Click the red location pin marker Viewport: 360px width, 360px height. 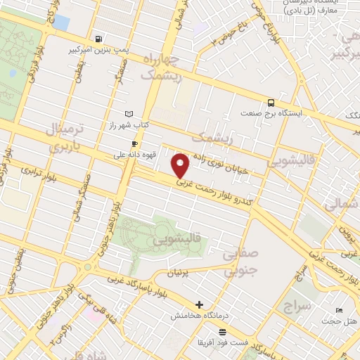[181, 165]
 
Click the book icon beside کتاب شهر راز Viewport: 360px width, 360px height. [128, 114]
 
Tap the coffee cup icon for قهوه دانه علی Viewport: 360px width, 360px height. [135, 144]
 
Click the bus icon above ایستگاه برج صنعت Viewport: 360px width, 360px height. [271, 102]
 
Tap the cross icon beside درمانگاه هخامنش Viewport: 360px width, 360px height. [200, 305]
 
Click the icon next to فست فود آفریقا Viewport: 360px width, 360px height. [223, 331]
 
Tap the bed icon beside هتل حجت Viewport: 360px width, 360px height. [340, 310]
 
